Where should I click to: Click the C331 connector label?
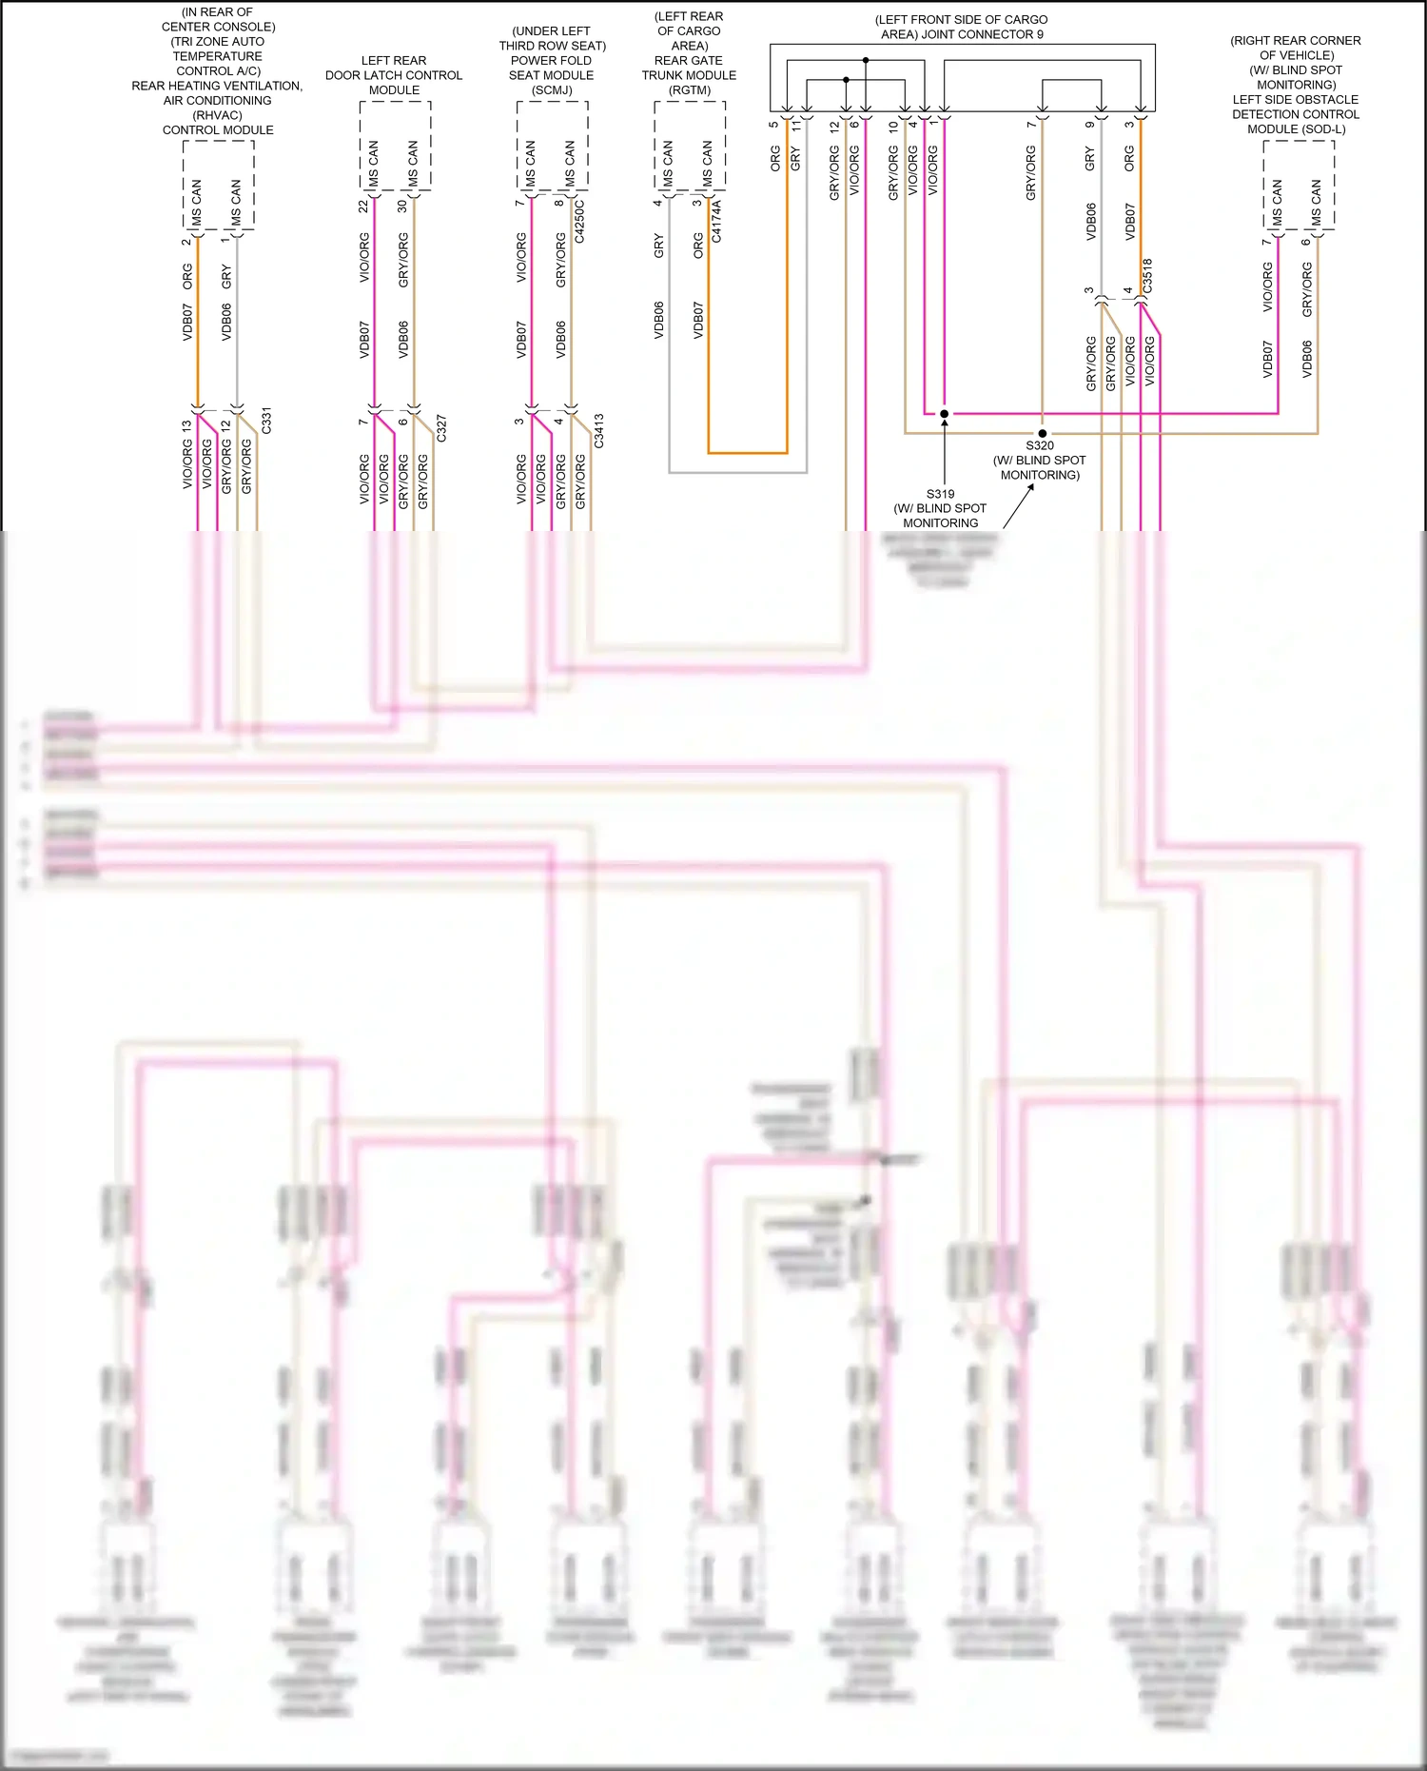(x=266, y=421)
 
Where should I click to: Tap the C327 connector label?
(x=441, y=427)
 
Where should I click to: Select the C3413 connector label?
(x=598, y=431)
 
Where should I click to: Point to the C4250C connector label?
(x=579, y=221)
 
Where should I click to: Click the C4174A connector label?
(x=716, y=221)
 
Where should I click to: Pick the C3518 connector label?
(x=1147, y=275)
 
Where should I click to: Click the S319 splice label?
(x=940, y=494)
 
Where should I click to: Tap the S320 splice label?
(x=1039, y=445)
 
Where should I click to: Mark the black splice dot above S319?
(x=944, y=414)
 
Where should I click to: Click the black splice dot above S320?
(x=1042, y=433)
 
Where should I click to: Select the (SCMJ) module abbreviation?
(x=552, y=90)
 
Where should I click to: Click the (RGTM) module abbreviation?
(x=690, y=90)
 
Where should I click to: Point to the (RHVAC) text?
(x=218, y=115)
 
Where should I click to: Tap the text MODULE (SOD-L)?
(x=1296, y=129)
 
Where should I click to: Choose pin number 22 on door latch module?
(x=363, y=206)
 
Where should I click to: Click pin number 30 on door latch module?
(x=402, y=206)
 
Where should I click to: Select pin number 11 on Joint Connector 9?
(x=795, y=125)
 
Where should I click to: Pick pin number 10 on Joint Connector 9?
(x=893, y=125)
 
